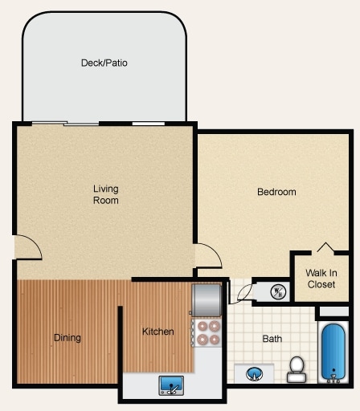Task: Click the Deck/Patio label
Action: tap(104, 63)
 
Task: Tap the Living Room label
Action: tap(105, 194)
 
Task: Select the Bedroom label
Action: tap(276, 192)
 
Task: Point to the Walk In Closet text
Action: tap(321, 278)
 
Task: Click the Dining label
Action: tap(67, 338)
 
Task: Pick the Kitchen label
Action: tap(158, 332)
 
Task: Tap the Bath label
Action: tap(272, 339)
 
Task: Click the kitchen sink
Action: tap(170, 386)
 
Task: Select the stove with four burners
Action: tap(209, 332)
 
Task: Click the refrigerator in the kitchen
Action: tap(206, 300)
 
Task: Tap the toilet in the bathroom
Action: tap(297, 368)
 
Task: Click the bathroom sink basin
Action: tap(254, 373)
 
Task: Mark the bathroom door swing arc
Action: tap(239, 292)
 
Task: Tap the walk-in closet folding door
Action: tap(325, 247)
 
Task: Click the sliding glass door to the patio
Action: tap(82, 123)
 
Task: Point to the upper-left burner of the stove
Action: tap(202, 326)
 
